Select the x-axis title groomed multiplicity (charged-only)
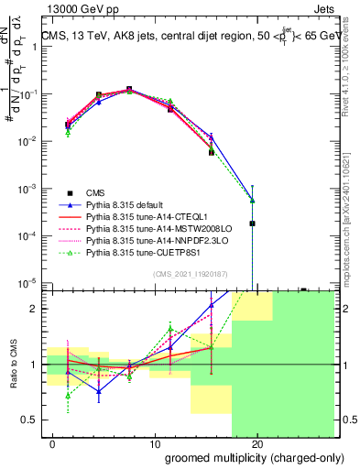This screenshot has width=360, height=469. (x=242, y=457)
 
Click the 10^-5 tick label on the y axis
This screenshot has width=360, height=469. (x=29, y=283)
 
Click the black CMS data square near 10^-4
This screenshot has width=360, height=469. (x=252, y=223)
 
